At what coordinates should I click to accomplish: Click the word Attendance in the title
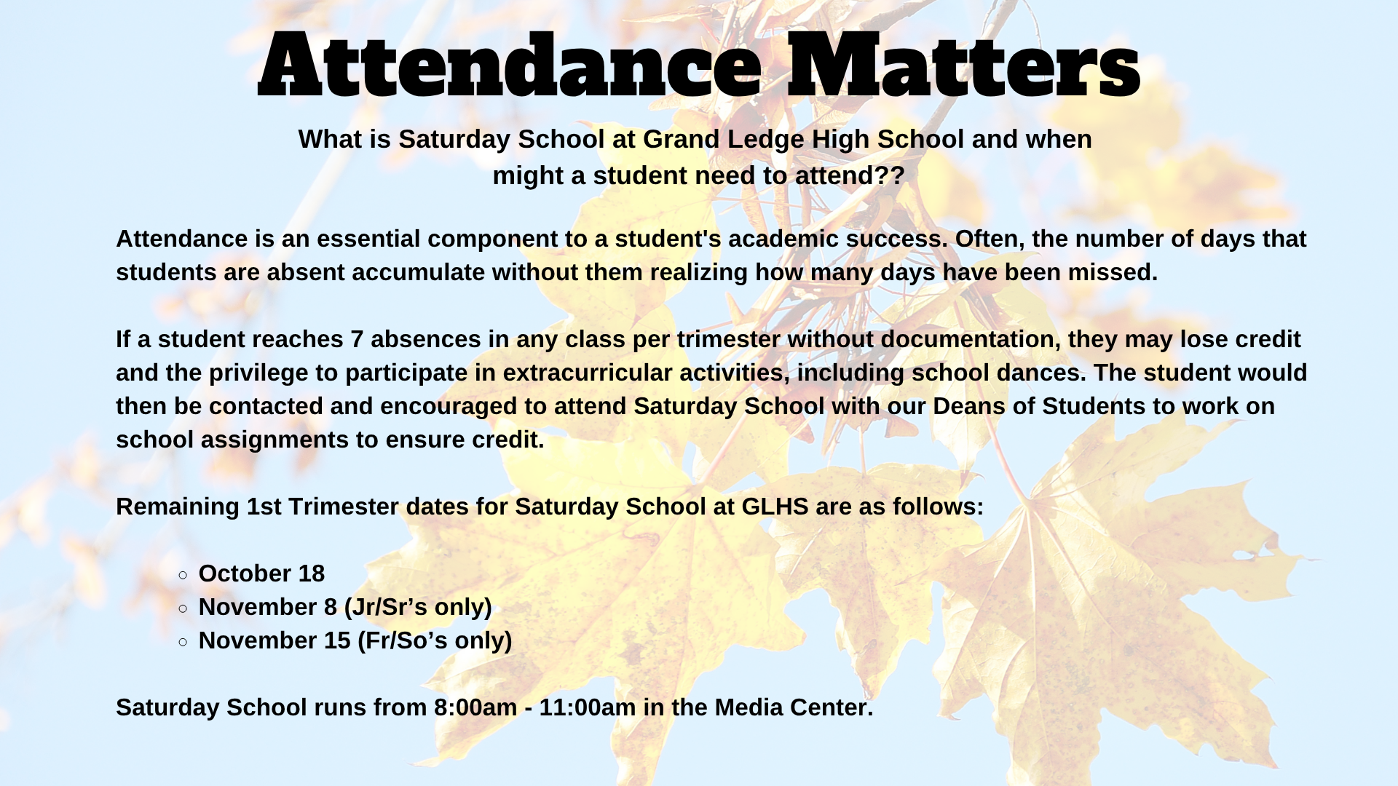pyautogui.click(x=510, y=65)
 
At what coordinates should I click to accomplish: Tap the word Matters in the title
pyautogui.click(x=964, y=65)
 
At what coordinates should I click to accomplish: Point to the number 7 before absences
pyautogui.click(x=357, y=339)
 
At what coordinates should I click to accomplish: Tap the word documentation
pyautogui.click(x=968, y=339)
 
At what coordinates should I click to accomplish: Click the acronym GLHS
pyautogui.click(x=775, y=507)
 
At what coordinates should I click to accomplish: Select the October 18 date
pyautogui.click(x=261, y=573)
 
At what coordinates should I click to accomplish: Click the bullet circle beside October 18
pyautogui.click(x=183, y=575)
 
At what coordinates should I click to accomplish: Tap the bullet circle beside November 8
pyautogui.click(x=183, y=608)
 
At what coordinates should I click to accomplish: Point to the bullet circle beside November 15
pyautogui.click(x=183, y=642)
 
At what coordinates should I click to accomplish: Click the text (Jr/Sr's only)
pyautogui.click(x=418, y=607)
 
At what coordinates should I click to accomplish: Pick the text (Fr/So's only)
pyautogui.click(x=435, y=640)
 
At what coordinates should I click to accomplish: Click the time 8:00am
pyautogui.click(x=475, y=707)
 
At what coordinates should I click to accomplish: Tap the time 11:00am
pyautogui.click(x=588, y=707)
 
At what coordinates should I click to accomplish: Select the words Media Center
pyautogui.click(x=794, y=707)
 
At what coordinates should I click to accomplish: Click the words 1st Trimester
pyautogui.click(x=323, y=507)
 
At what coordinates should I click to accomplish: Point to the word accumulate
pyautogui.click(x=418, y=272)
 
